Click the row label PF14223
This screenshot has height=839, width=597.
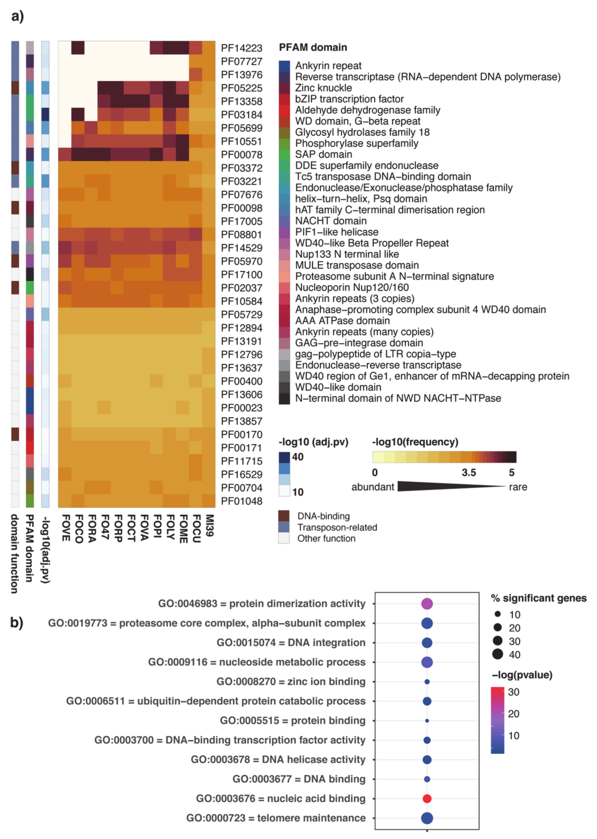242,48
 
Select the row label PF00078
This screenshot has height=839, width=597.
242,155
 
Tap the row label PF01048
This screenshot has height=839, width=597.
242,501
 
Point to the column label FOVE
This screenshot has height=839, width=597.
65,528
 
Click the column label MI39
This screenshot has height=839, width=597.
209,525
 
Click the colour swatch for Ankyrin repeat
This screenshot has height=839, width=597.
284,66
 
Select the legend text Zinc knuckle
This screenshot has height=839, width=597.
324,88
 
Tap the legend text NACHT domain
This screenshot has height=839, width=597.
331,221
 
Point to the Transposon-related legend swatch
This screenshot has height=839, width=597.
284,527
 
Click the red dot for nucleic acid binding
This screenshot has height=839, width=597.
427,798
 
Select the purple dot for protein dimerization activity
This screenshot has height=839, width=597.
427,603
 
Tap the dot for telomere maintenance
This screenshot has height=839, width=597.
427,818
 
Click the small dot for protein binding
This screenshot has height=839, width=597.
427,721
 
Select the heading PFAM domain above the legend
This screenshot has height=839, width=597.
313,47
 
